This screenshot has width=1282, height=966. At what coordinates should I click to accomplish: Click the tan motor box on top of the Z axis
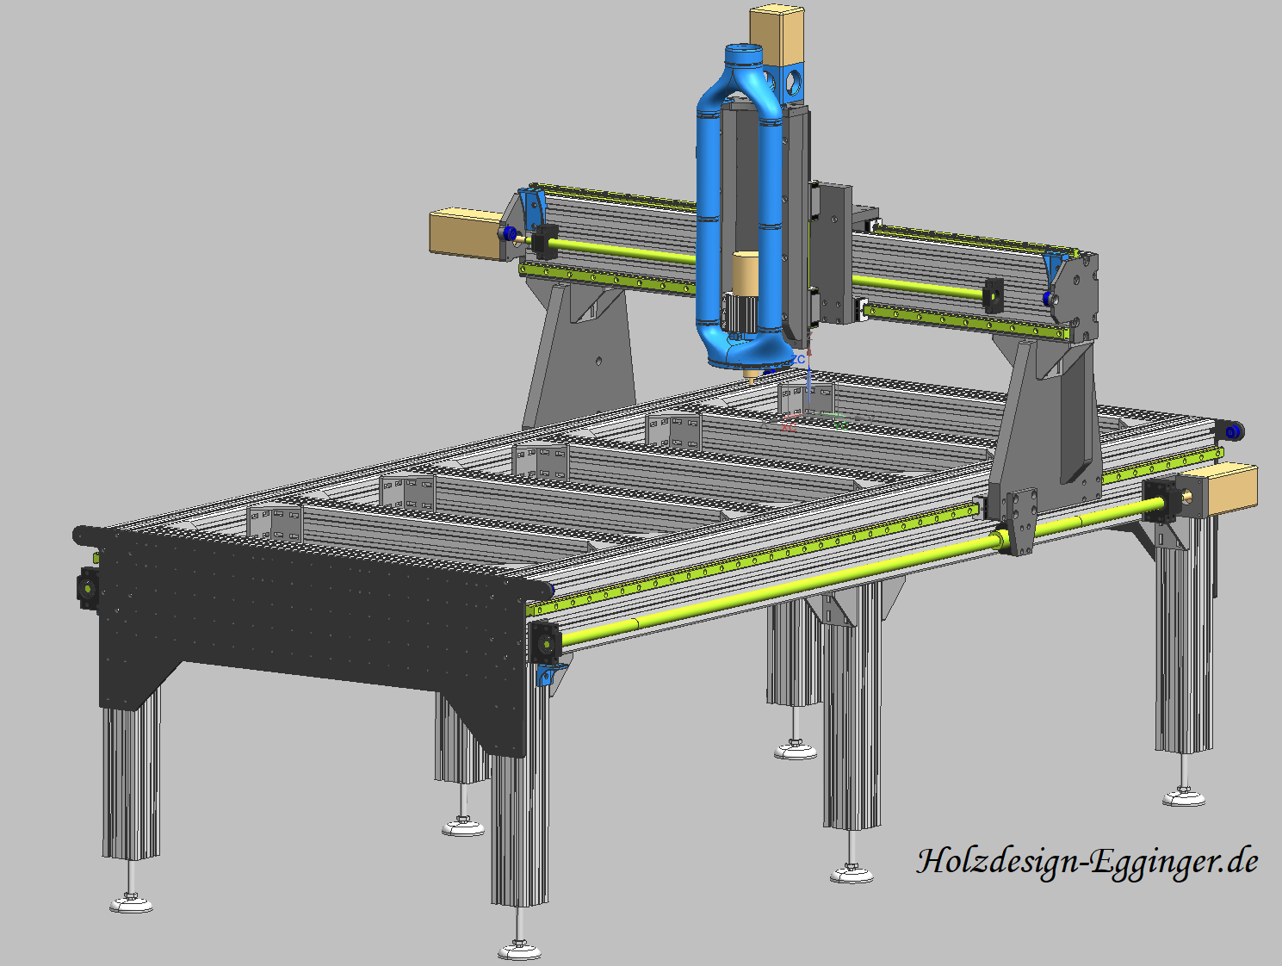pos(777,36)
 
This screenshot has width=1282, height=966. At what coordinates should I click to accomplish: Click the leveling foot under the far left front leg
pos(131,903)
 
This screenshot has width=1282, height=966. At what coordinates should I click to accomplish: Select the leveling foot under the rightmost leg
pos(1184,798)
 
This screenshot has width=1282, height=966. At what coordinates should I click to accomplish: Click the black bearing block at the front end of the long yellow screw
pos(545,641)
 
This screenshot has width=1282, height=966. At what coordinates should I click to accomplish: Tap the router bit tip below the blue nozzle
pos(749,377)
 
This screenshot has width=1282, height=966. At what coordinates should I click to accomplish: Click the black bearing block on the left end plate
pos(89,588)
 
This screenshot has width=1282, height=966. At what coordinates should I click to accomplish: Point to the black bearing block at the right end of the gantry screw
pos(993,294)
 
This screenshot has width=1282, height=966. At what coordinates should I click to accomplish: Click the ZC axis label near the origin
pos(800,359)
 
